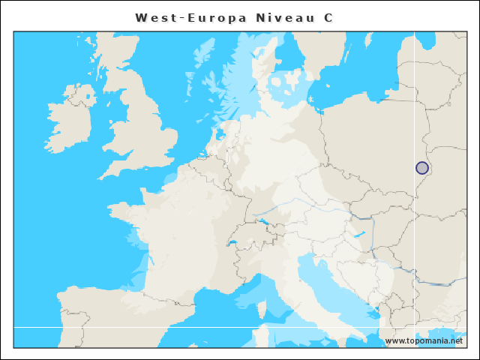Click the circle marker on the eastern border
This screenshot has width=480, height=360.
pyautogui.click(x=422, y=168)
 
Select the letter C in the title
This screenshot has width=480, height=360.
pyautogui.click(x=328, y=17)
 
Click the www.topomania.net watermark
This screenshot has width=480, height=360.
pyautogui.click(x=424, y=340)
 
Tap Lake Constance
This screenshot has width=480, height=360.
pyautogui.click(x=263, y=221)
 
